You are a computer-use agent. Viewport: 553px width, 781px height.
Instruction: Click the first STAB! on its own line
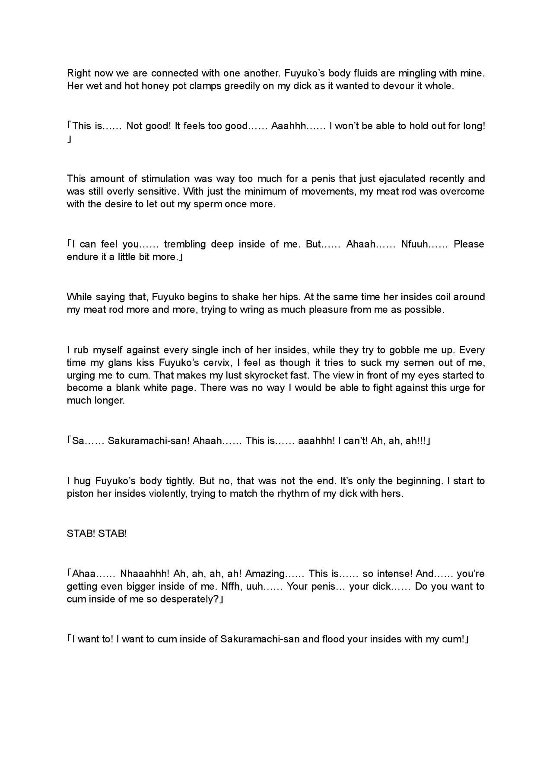81,533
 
